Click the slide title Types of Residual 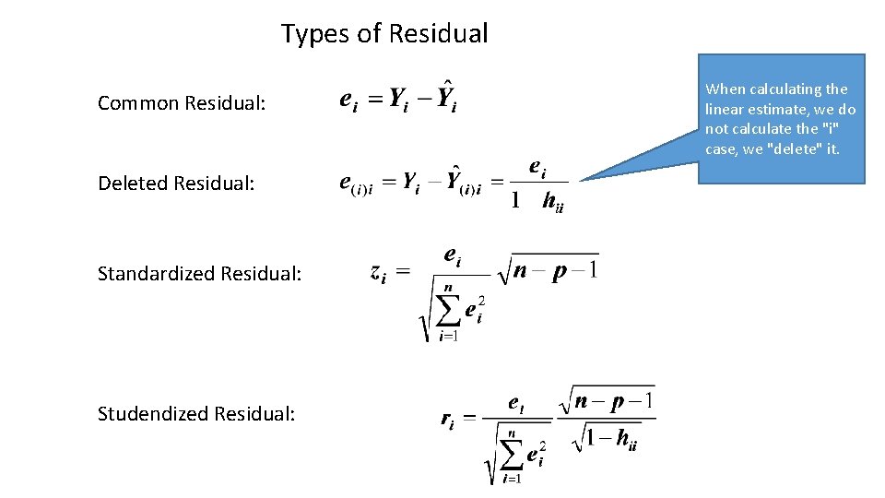[384, 34]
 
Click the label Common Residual [182, 102]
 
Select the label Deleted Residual [175, 183]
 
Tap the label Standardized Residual [199, 273]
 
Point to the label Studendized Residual [196, 413]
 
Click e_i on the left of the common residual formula [348, 99]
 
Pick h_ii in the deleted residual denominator [552, 203]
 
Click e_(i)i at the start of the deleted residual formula [356, 183]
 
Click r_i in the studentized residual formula [447, 421]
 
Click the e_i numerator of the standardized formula [452, 255]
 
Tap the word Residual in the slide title [438, 34]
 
